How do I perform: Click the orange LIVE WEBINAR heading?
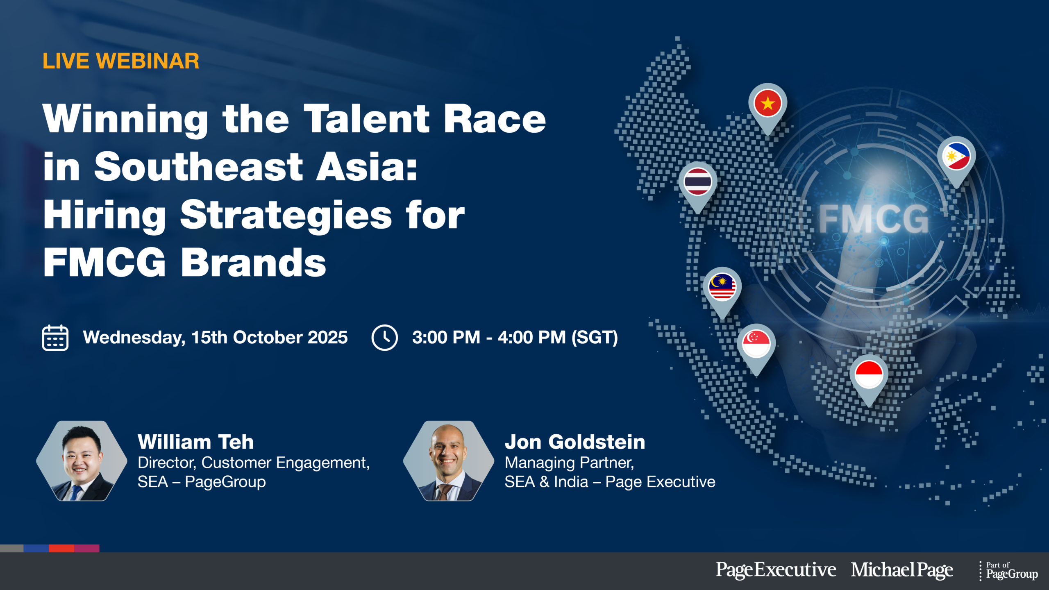pyautogui.click(x=121, y=61)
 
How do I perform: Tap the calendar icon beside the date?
pyautogui.click(x=55, y=338)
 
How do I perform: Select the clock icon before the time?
pyautogui.click(x=384, y=338)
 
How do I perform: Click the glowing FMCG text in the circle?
pyautogui.click(x=873, y=219)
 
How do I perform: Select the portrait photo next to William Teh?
pyautogui.click(x=82, y=461)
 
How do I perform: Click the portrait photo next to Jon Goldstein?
pyautogui.click(x=449, y=461)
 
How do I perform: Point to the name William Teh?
pyautogui.click(x=196, y=442)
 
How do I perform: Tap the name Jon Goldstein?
pyautogui.click(x=575, y=442)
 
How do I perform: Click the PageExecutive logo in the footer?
pyautogui.click(x=776, y=570)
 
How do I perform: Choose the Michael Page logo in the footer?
pyautogui.click(x=902, y=570)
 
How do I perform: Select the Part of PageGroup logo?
pyautogui.click(x=1009, y=571)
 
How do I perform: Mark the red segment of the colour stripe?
pyautogui.click(x=61, y=548)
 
